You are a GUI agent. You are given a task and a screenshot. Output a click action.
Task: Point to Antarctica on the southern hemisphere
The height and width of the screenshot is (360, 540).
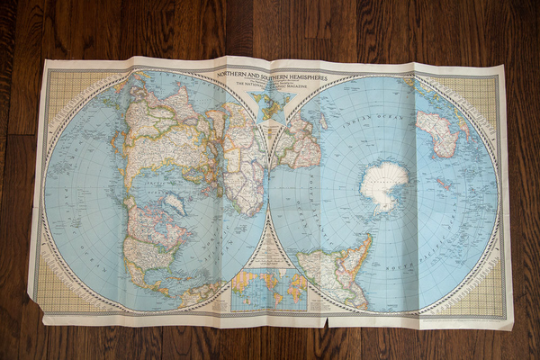tap(384, 184)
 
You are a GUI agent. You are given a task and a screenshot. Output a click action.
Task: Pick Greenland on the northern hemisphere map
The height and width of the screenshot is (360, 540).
tap(176, 202)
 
